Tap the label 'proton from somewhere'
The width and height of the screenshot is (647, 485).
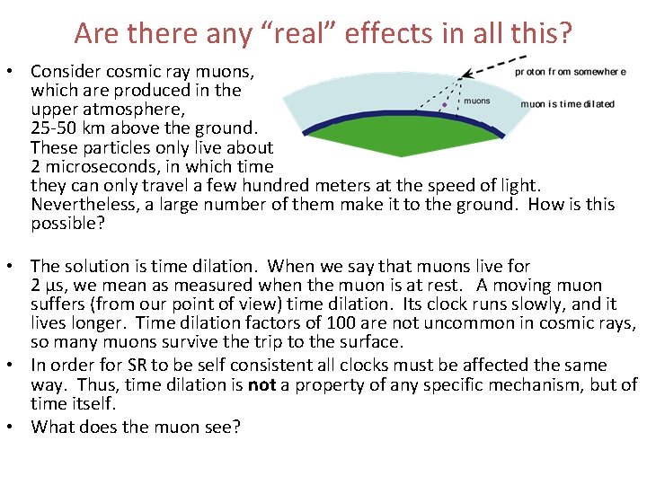tap(565, 71)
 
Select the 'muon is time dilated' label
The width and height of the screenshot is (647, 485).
tap(568, 103)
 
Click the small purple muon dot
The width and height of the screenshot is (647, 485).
tap(444, 105)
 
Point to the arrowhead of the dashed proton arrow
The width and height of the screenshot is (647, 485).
tap(461, 75)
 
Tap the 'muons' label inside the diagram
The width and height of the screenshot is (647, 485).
tap(477, 101)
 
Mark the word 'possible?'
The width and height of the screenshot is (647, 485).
tap(68, 224)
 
